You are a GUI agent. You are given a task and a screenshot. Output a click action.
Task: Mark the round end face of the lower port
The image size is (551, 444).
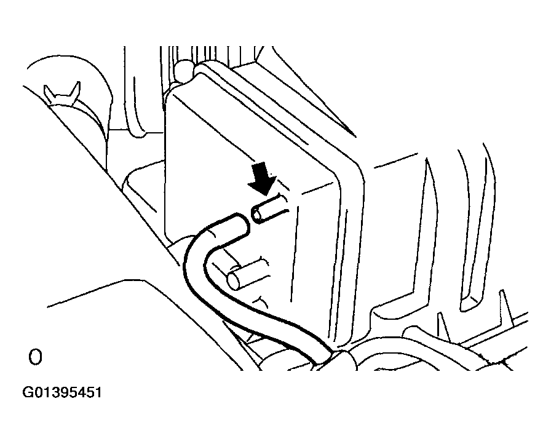[234, 281]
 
